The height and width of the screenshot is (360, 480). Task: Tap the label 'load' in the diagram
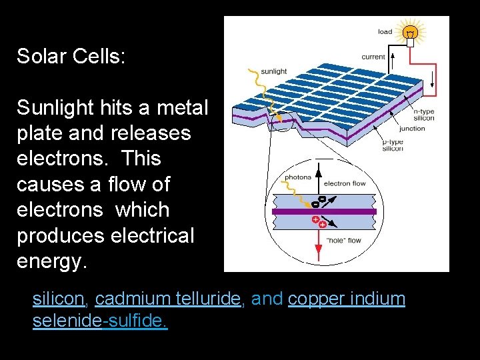pos(385,31)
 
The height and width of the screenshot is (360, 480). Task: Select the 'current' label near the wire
pos(373,57)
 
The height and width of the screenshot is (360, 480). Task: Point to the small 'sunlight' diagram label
pos(273,71)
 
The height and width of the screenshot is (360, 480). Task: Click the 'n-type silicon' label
pos(423,115)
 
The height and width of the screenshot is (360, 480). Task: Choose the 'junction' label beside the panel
pos(412,129)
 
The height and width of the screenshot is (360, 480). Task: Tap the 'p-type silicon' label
pos(393,145)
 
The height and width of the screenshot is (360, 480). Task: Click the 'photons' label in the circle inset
pos(298,177)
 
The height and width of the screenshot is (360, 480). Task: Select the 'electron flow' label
pos(344,183)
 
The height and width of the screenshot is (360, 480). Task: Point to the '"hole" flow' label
pos(344,241)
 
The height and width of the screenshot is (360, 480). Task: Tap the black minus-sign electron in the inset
pos(323,198)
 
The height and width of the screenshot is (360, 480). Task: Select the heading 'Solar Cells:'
pos(71,56)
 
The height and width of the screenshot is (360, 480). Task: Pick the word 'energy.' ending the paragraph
pos(52,261)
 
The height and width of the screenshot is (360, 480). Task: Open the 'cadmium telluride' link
pos(167,299)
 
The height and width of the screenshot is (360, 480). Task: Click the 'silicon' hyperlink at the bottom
pos(58,299)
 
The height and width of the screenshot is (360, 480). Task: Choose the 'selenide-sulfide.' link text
pos(100,321)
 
